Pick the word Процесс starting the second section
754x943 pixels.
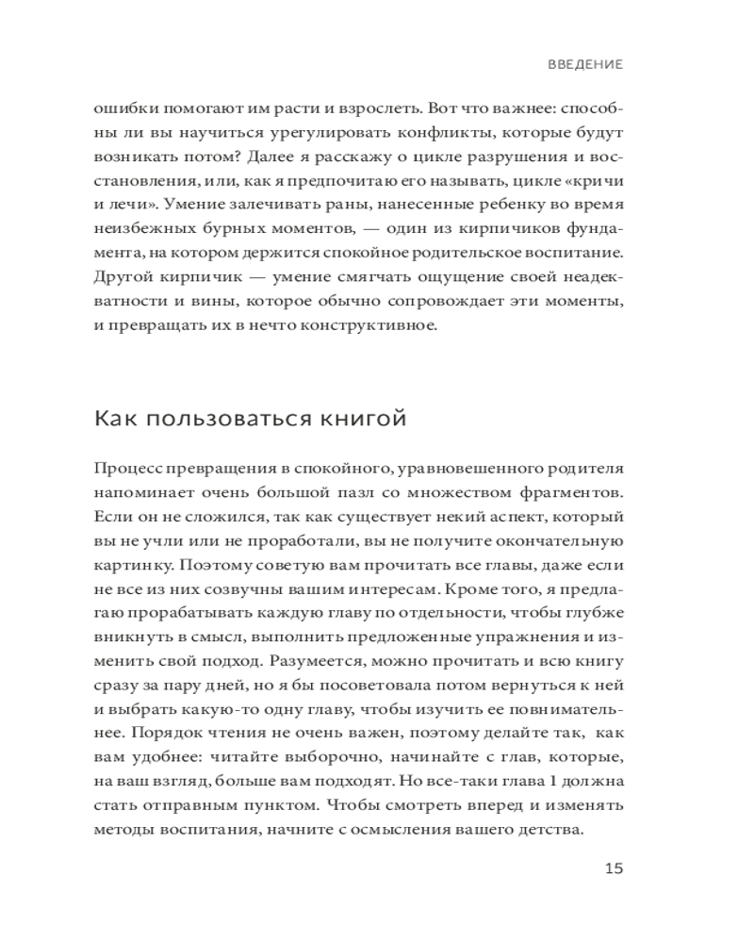(x=125, y=469)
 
